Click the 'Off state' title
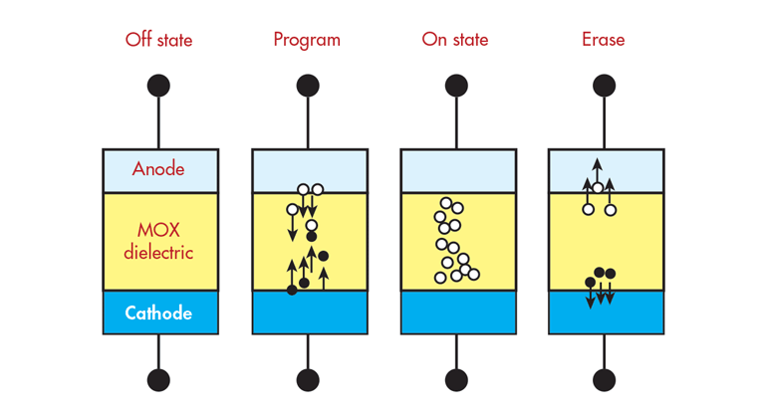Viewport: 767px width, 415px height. (x=158, y=41)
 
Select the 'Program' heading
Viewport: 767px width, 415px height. (x=307, y=41)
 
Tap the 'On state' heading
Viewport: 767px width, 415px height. (x=455, y=41)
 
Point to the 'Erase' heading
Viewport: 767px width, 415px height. (x=604, y=41)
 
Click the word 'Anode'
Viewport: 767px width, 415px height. (x=158, y=169)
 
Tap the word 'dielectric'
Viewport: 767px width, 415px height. (x=158, y=252)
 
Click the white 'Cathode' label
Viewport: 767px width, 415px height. (x=158, y=313)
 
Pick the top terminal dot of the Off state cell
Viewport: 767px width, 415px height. (x=159, y=86)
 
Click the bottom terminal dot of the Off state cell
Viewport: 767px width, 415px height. (x=159, y=379)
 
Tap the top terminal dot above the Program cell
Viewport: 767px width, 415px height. (x=308, y=86)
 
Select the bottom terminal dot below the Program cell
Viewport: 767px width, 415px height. (x=308, y=379)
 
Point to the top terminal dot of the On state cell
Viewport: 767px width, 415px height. (x=456, y=86)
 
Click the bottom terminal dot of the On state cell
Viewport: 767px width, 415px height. (x=456, y=379)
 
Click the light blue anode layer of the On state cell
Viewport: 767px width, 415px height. (x=457, y=170)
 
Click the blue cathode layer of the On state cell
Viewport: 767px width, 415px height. (x=457, y=313)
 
